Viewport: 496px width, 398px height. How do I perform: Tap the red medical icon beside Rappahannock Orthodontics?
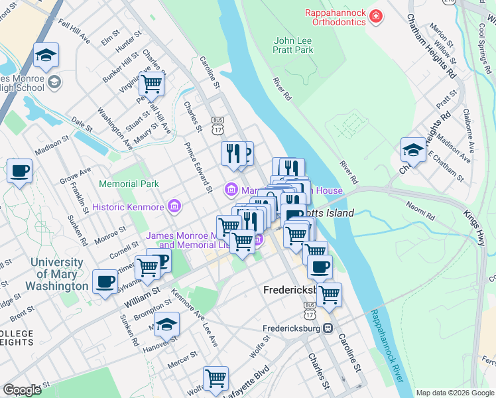[x=376, y=14]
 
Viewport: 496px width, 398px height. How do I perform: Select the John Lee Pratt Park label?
[x=293, y=44]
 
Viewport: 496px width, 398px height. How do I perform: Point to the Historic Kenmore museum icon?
[x=174, y=207]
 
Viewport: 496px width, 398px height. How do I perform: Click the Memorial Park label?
[x=129, y=183]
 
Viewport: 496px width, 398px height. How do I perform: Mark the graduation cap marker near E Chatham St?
[x=413, y=150]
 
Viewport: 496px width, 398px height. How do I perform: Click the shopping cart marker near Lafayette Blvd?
[x=216, y=379]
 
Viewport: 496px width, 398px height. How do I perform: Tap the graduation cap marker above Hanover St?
[x=167, y=324]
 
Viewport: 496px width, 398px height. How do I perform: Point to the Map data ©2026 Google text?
[x=454, y=393]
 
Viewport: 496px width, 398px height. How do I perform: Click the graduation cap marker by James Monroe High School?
[x=46, y=56]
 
